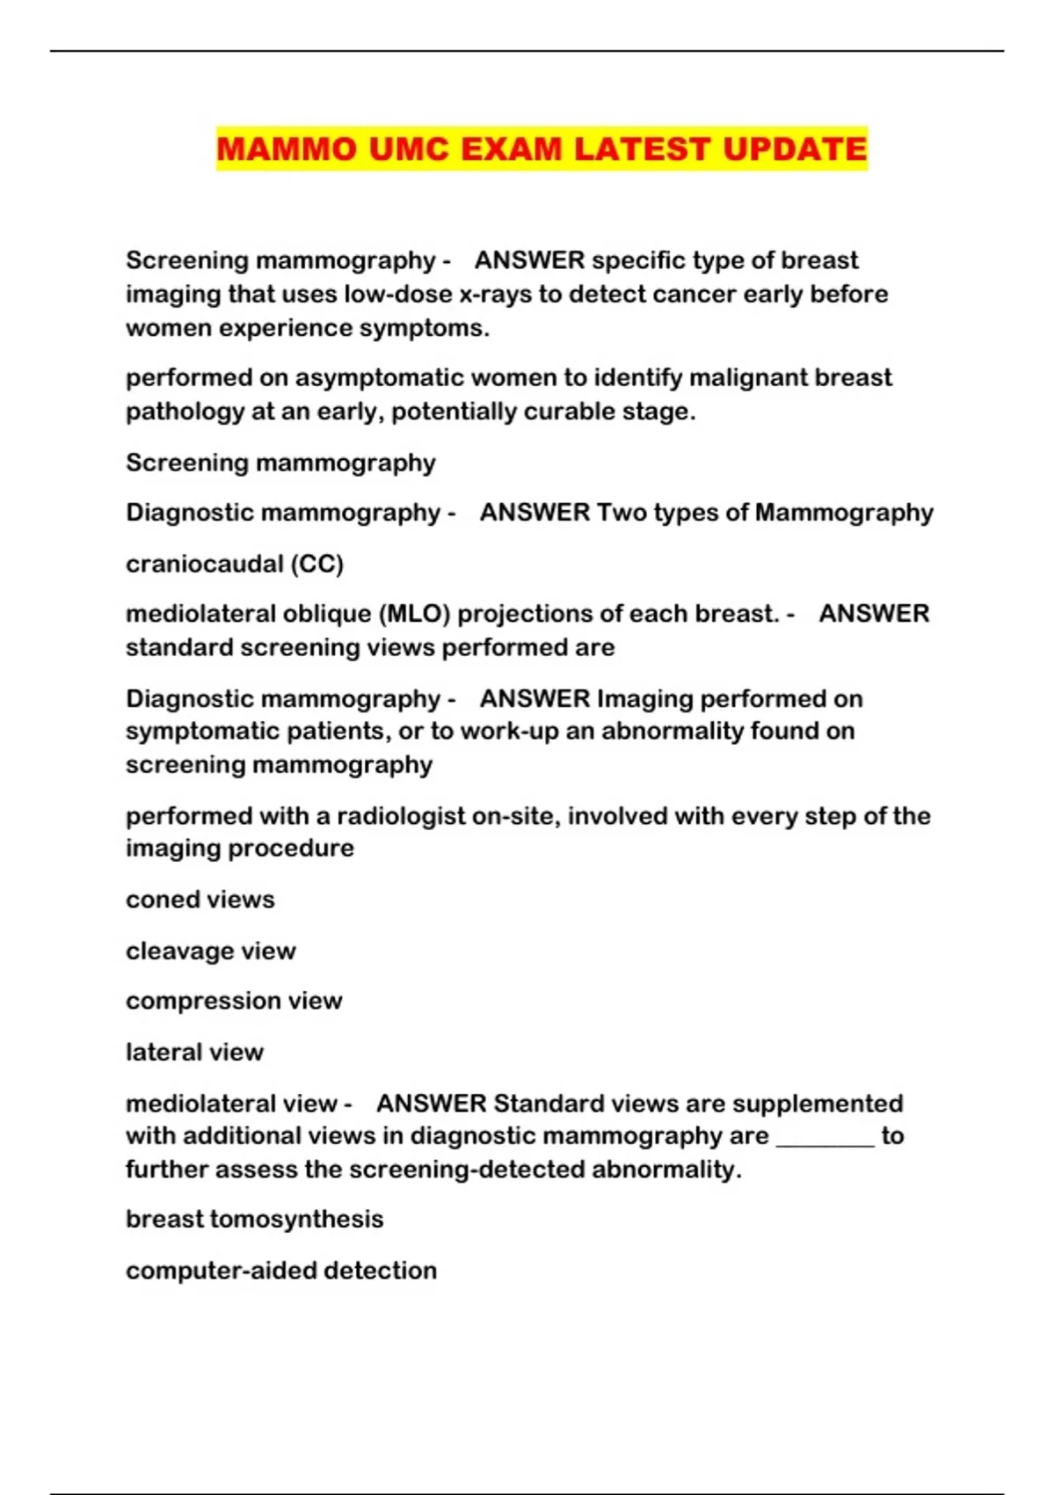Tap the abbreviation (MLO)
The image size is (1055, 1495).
point(414,613)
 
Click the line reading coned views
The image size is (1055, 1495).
point(200,900)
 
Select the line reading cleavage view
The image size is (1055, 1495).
point(211,951)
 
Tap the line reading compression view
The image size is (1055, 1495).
point(234,1001)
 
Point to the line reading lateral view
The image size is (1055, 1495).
point(194,1052)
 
